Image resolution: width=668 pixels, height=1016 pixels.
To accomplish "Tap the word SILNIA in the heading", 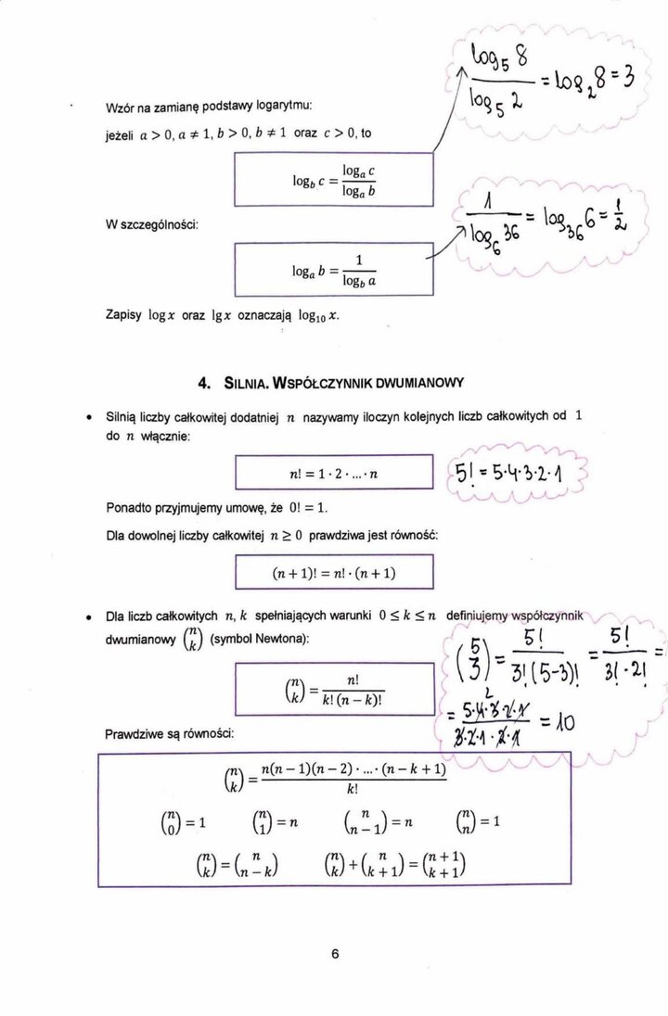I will (x=246, y=383).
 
